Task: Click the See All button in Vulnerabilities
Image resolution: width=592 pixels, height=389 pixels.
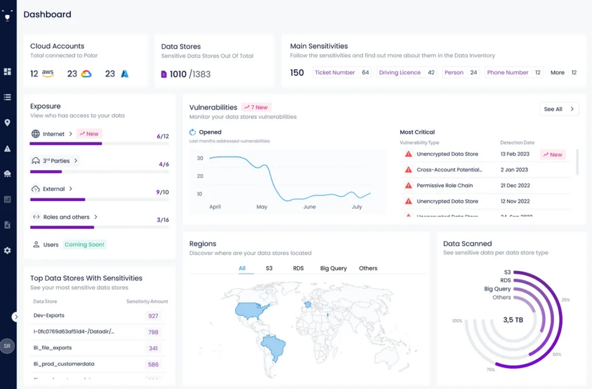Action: pyautogui.click(x=558, y=109)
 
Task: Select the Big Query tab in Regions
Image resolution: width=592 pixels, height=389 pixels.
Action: pyautogui.click(x=333, y=268)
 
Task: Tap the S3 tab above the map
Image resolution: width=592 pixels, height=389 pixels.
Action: pyautogui.click(x=269, y=268)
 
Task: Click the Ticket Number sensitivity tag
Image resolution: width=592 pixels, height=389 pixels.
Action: pyautogui.click(x=335, y=73)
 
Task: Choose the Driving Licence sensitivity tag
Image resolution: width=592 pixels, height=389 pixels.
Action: pyautogui.click(x=400, y=73)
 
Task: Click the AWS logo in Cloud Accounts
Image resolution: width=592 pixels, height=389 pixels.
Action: pyautogui.click(x=48, y=74)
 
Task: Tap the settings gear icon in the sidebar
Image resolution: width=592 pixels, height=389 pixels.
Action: pyautogui.click(x=8, y=250)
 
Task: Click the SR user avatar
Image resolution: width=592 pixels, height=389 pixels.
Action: pyautogui.click(x=8, y=346)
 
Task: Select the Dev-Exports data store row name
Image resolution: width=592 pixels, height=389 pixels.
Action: pyautogui.click(x=49, y=316)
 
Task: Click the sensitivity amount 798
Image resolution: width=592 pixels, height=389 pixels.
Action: pyautogui.click(x=153, y=332)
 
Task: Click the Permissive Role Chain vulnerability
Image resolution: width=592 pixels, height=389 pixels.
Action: pyautogui.click(x=445, y=185)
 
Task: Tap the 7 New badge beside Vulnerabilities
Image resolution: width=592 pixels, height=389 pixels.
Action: pyautogui.click(x=256, y=107)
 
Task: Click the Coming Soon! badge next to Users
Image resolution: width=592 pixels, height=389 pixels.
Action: pyautogui.click(x=84, y=245)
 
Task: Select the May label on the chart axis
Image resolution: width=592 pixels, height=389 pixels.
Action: pyautogui.click(x=262, y=207)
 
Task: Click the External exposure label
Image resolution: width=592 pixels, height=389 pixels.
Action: pyautogui.click(x=54, y=189)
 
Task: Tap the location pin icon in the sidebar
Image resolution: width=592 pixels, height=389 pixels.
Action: pyautogui.click(x=8, y=123)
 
